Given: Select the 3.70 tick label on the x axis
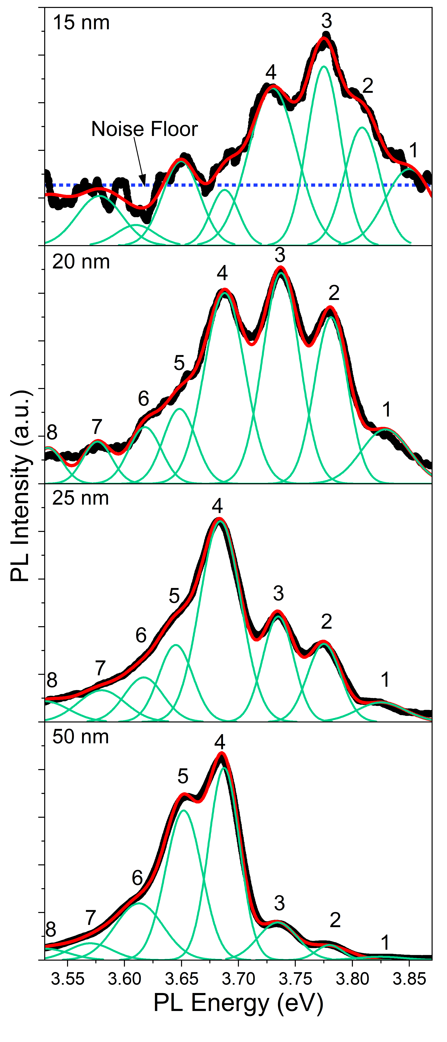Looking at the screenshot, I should pos(239,979).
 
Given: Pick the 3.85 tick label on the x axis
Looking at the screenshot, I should pos(410,979).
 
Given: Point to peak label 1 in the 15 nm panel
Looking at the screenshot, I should pos(413,150).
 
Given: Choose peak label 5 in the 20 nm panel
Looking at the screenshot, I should pos(179,363).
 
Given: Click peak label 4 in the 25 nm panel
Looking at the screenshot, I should pos(217,506).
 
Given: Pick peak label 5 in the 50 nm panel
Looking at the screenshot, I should pos(183,776).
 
